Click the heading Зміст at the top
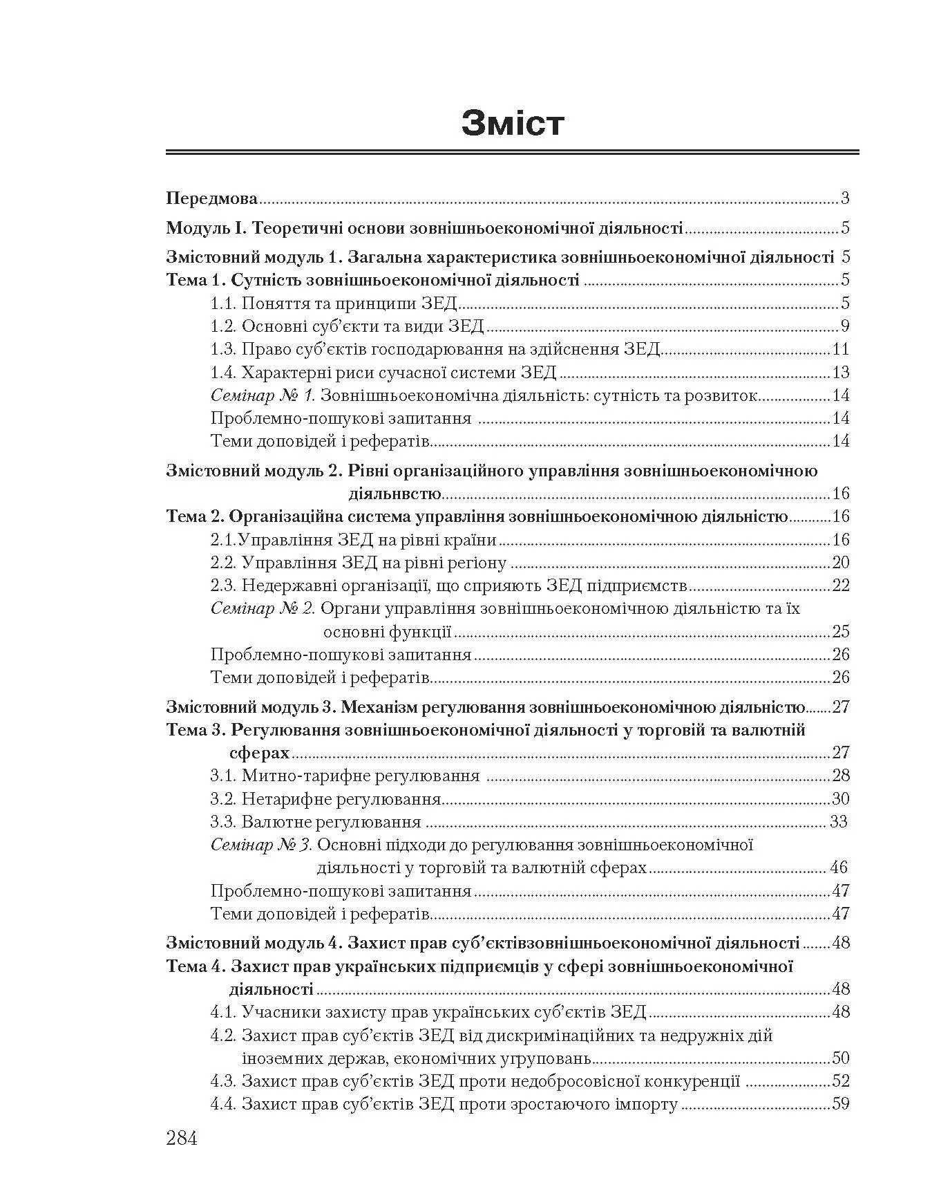[513, 124]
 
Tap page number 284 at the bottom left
[182, 1138]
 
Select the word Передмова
[212, 199]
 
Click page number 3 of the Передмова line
[845, 199]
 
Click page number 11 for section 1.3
[841, 349]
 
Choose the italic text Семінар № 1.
[263, 395]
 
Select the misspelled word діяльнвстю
[395, 494]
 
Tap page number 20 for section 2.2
[840, 563]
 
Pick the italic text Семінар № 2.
[263, 608]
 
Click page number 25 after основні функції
[840, 631]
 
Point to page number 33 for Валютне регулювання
[838, 822]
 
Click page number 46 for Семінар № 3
[838, 868]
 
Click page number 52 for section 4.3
[840, 1081]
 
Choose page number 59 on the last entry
[840, 1104]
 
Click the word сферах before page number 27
[259, 752]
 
